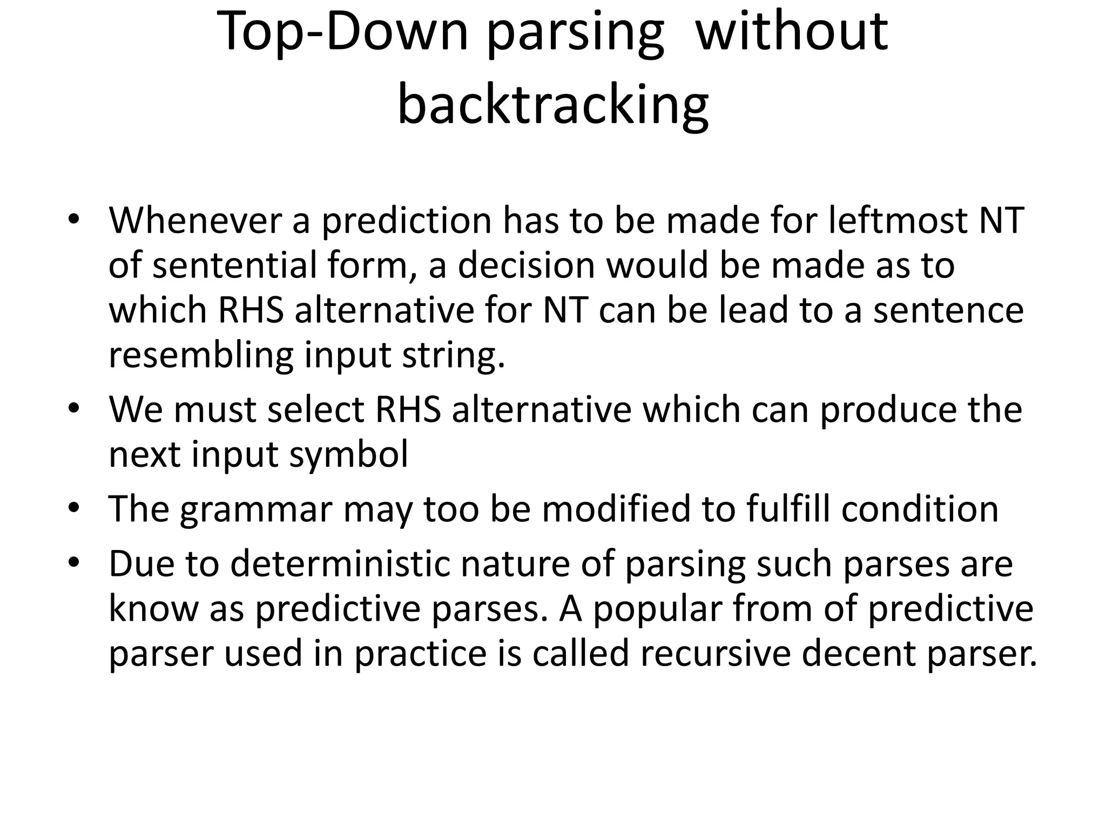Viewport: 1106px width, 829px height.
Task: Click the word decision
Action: click(526, 266)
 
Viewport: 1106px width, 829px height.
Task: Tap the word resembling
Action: click(201, 355)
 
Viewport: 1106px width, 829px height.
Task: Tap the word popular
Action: click(658, 609)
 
